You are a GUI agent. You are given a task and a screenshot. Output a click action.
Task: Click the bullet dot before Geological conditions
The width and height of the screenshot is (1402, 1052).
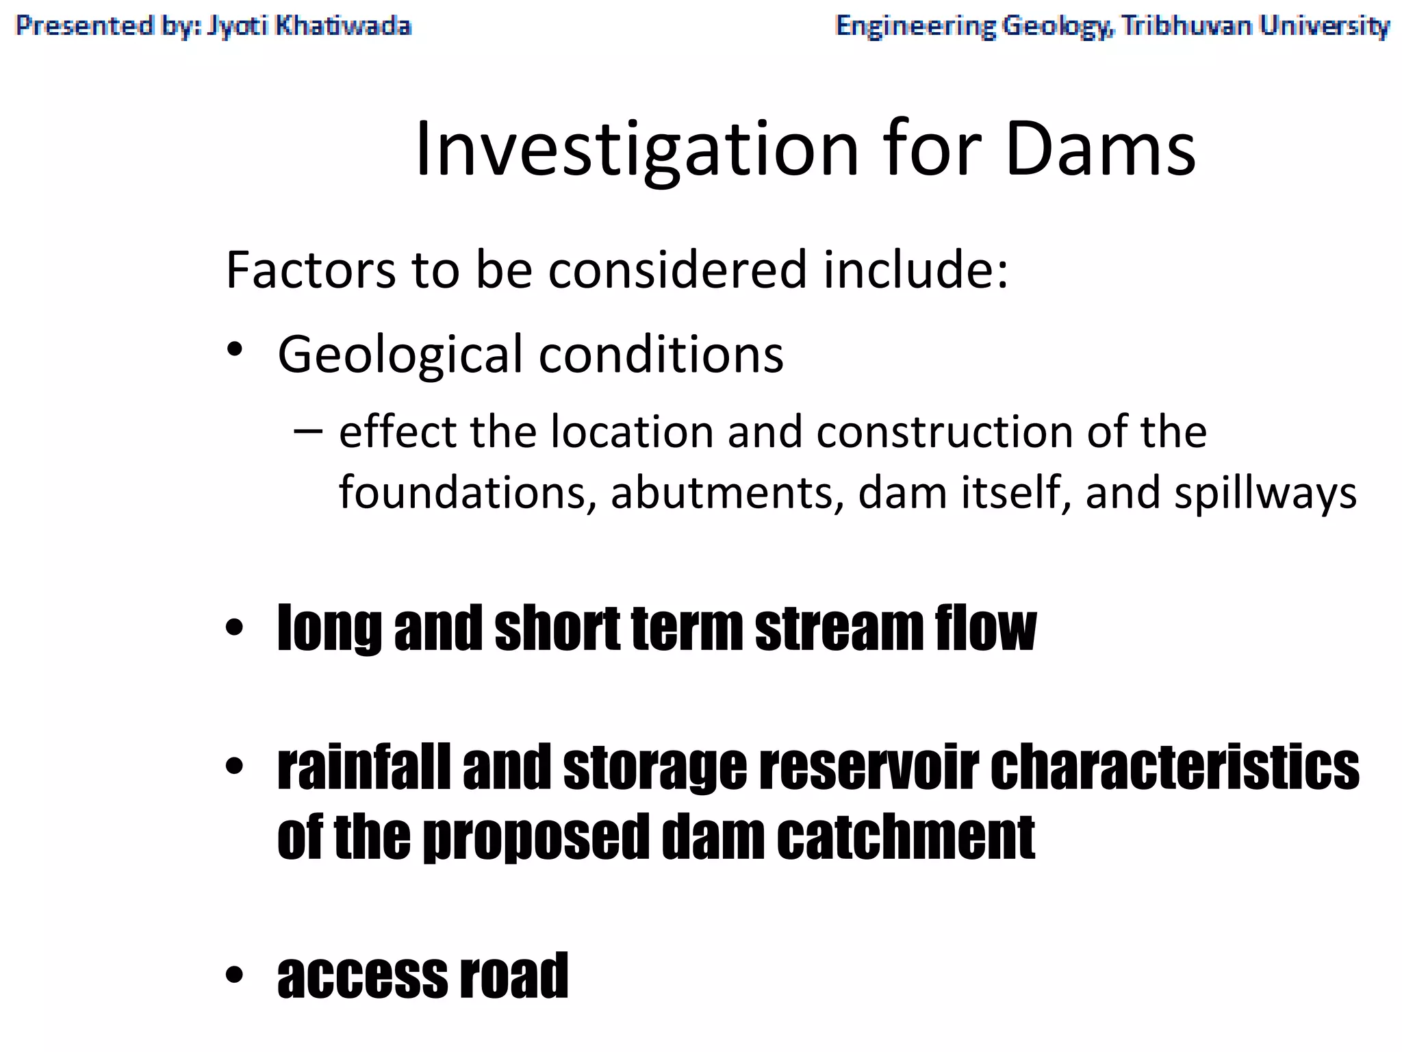(x=235, y=350)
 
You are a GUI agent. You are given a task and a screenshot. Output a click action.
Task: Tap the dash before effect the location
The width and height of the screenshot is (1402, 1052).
(x=307, y=431)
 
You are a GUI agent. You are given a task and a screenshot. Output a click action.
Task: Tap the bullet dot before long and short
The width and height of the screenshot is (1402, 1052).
(x=235, y=627)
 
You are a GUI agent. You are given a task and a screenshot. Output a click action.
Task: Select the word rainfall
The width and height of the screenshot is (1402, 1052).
(x=364, y=767)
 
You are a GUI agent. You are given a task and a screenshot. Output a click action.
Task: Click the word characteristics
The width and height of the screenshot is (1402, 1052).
(x=1174, y=767)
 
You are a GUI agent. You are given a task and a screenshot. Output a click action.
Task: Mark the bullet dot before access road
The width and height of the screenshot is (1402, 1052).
(x=235, y=975)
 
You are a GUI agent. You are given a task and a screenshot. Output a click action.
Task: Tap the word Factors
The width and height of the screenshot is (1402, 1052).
(x=311, y=270)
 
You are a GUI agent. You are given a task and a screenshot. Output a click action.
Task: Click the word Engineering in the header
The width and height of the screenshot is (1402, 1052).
(x=915, y=26)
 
